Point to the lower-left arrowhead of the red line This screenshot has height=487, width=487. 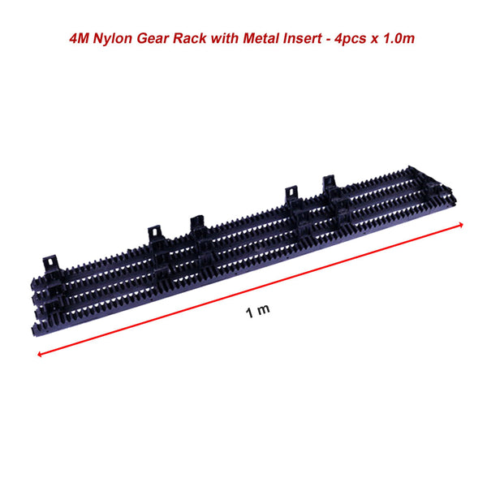point(40,354)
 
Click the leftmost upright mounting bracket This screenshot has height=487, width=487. point(50,261)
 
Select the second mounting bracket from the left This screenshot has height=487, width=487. point(154,235)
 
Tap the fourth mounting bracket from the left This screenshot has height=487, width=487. point(291,197)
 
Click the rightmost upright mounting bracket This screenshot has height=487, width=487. point(329,185)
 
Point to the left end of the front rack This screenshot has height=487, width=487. point(37,329)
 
